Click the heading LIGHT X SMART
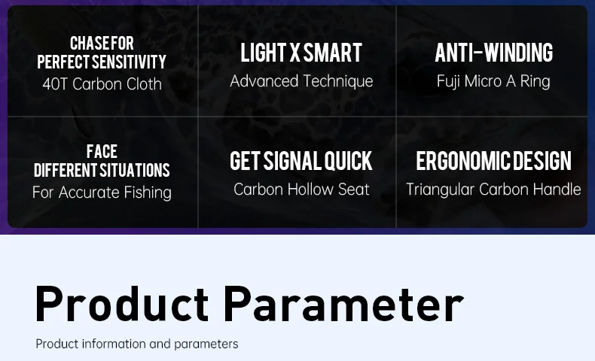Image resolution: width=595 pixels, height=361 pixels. (301, 53)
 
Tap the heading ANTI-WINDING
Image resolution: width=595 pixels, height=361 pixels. (493, 53)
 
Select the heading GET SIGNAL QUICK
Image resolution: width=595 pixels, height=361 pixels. (301, 161)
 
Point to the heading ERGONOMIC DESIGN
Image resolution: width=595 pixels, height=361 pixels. (493, 161)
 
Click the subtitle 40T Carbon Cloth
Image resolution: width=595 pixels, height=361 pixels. (102, 84)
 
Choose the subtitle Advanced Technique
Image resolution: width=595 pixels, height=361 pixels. (301, 81)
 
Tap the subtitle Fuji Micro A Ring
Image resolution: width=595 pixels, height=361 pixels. (493, 81)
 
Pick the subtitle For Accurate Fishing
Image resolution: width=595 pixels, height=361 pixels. (102, 193)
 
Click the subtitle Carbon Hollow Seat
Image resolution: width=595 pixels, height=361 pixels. (301, 190)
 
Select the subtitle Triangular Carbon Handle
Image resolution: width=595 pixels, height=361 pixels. (493, 190)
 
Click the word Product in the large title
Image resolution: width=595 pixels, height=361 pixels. (122, 304)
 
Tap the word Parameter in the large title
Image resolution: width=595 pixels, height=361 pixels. (343, 304)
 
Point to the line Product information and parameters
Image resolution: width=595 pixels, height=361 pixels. (137, 344)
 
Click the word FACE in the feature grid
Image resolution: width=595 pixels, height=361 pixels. (102, 151)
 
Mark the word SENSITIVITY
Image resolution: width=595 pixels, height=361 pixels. (129, 62)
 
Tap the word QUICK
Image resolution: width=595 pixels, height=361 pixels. (348, 161)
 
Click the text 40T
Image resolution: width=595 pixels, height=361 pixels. (56, 84)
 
